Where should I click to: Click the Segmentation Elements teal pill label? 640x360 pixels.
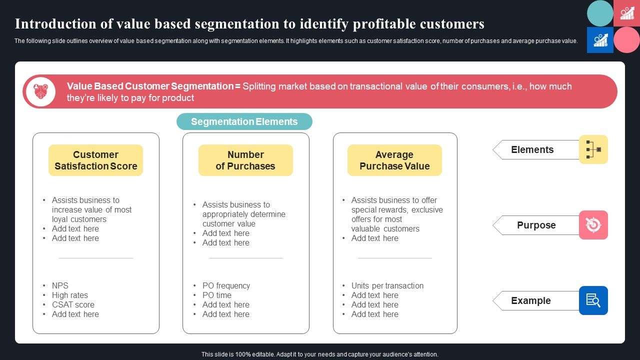point(244,121)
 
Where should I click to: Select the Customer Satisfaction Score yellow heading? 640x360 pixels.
point(95,160)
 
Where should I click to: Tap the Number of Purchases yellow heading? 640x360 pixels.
point(245,160)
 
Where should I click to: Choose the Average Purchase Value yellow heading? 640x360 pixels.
point(394,160)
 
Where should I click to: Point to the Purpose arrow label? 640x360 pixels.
point(536,225)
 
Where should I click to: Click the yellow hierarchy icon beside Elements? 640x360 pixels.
point(593,149)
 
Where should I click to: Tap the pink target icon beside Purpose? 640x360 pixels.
point(593,225)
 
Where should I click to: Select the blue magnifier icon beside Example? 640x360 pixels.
point(593,300)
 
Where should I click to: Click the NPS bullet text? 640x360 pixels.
point(60,285)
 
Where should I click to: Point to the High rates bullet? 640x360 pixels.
point(69,295)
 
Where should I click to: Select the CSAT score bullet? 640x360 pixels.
point(73,304)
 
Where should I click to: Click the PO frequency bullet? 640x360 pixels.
point(226,285)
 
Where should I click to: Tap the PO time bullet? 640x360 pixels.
point(216,295)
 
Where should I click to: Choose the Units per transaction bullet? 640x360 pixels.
point(387,285)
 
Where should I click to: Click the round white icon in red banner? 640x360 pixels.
point(40,91)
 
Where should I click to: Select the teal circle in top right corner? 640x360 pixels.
point(600,13)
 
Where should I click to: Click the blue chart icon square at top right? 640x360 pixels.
point(600,40)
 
